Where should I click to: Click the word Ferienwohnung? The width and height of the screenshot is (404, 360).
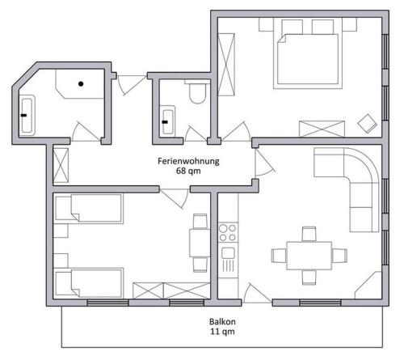pos(188,161)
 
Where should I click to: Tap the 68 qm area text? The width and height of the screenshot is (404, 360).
pos(188,171)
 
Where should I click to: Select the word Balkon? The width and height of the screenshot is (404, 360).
pos(222,321)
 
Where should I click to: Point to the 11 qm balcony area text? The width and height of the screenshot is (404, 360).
pos(222,331)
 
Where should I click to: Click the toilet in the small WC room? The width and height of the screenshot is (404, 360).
pos(197,91)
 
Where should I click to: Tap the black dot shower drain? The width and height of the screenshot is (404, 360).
pos(81,84)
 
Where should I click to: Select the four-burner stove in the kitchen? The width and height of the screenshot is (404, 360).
pos(228,232)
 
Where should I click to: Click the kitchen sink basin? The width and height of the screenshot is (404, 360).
pos(228,253)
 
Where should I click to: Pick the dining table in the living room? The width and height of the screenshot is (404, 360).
pos(309,256)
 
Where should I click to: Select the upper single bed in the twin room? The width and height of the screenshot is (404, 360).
pos(89,209)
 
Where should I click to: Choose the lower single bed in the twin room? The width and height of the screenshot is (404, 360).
pos(89,282)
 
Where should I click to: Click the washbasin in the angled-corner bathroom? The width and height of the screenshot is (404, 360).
pos(27,115)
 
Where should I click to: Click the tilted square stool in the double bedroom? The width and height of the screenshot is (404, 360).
pos(367,124)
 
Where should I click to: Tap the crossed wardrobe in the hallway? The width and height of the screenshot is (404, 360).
pos(61,165)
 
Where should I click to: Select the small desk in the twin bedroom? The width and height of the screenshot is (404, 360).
pos(200,243)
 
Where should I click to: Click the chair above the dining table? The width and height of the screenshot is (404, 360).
pos(309,234)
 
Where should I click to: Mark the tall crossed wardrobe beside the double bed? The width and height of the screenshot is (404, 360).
pos(226,65)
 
